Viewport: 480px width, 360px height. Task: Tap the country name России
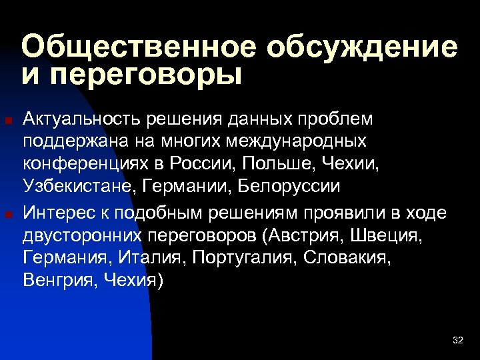(x=209, y=163)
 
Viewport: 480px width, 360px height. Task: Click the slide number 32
(x=457, y=341)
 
